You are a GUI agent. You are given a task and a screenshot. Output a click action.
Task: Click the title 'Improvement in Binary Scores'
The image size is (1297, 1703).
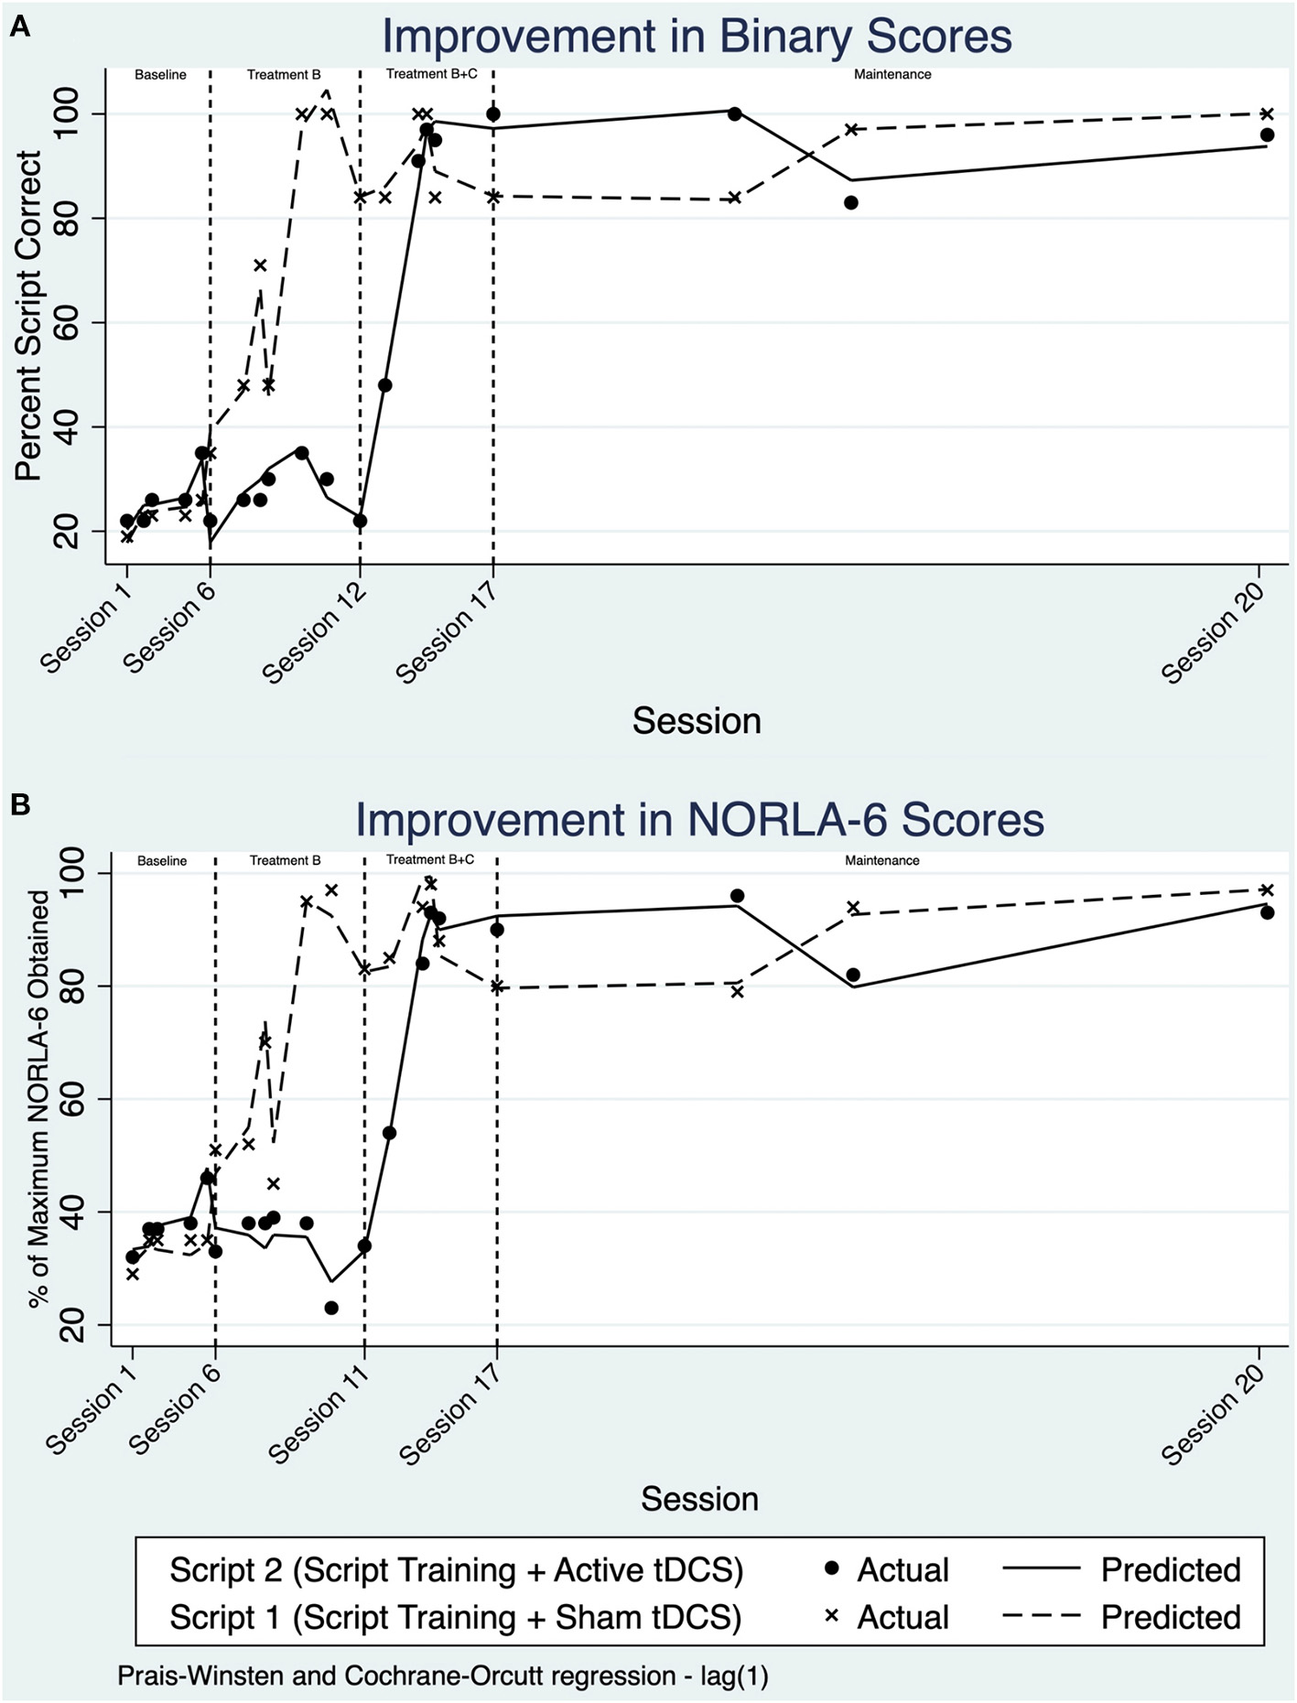697,38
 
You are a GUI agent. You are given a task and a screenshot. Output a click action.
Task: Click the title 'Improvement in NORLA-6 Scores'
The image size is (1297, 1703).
699,819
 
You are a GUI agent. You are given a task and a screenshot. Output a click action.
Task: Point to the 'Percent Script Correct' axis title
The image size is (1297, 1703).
28,317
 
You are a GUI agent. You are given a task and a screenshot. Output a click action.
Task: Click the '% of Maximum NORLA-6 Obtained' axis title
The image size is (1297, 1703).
38,1099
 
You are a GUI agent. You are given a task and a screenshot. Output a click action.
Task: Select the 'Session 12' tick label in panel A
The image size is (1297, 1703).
314,632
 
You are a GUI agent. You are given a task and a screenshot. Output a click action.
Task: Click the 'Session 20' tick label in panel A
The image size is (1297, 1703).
1213,632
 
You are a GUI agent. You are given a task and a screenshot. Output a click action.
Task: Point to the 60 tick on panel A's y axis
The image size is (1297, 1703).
69,323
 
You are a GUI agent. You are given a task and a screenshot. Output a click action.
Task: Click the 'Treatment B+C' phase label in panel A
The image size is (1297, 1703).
431,74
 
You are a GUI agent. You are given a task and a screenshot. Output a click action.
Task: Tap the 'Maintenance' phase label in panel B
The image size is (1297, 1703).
881,860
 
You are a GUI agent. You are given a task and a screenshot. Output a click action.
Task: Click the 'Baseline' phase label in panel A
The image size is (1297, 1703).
160,75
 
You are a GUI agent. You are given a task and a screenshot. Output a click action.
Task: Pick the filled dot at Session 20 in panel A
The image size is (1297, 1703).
1267,135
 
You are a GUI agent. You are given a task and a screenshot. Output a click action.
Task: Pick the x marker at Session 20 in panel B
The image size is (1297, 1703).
1267,889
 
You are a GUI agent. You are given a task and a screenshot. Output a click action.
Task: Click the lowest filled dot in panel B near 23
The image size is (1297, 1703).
331,1308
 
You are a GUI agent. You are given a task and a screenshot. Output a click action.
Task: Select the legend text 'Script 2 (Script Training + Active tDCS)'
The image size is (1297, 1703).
456,1570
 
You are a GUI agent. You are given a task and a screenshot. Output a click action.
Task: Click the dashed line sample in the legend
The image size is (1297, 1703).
1042,1617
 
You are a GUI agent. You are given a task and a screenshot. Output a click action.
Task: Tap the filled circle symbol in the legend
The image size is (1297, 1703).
832,1568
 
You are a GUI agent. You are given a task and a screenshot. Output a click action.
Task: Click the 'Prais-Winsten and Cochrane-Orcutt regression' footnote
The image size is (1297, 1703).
442,1676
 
